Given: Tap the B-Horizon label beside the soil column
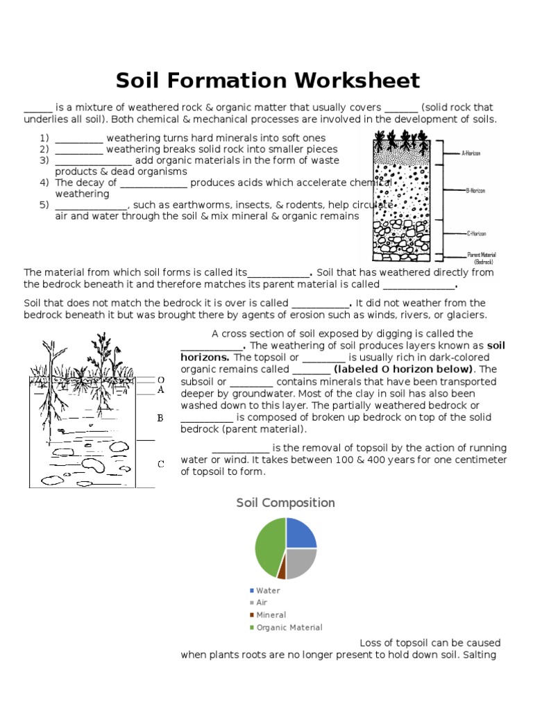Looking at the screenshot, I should [475, 190].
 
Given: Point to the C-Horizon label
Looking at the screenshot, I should [475, 235].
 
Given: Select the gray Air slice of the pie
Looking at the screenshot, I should [301, 561].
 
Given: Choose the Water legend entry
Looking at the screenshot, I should [268, 590].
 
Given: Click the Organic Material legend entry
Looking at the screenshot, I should [289, 628].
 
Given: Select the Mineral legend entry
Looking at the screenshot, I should [271, 615].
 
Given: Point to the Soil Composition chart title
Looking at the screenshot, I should [285, 503].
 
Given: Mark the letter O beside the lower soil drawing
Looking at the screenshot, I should [160, 380].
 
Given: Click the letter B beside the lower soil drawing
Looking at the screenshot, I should [160, 418].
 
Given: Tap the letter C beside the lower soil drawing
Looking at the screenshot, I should [160, 464].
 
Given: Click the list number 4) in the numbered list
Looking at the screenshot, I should [44, 183].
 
